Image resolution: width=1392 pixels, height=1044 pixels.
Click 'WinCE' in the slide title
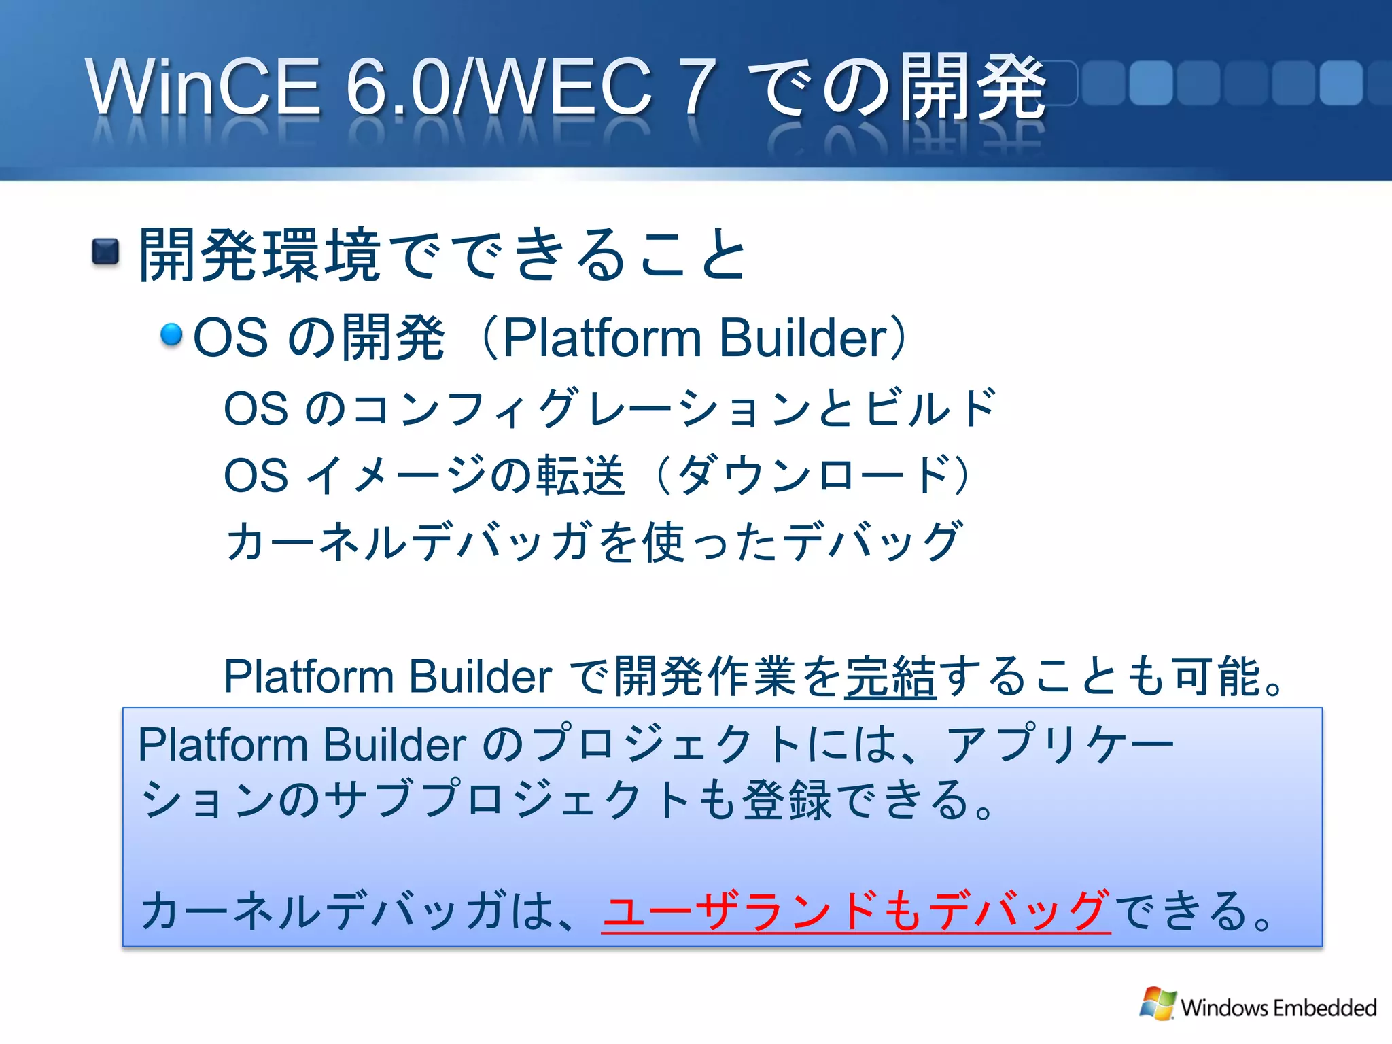[203, 87]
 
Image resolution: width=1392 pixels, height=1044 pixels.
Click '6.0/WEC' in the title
[500, 87]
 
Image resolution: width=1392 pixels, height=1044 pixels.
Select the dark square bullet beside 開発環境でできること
[105, 252]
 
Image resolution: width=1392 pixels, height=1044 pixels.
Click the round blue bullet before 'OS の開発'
[171, 334]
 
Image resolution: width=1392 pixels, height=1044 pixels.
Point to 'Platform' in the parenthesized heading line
[602, 338]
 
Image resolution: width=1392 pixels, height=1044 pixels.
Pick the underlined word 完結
[890, 676]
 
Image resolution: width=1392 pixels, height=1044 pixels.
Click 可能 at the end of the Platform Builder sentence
[1217, 676]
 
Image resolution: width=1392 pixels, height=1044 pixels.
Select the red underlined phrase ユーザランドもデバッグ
[856, 911]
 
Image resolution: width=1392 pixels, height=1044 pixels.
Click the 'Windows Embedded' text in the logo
[1278, 1007]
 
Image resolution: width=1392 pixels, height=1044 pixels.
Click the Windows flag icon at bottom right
[1158, 1003]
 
